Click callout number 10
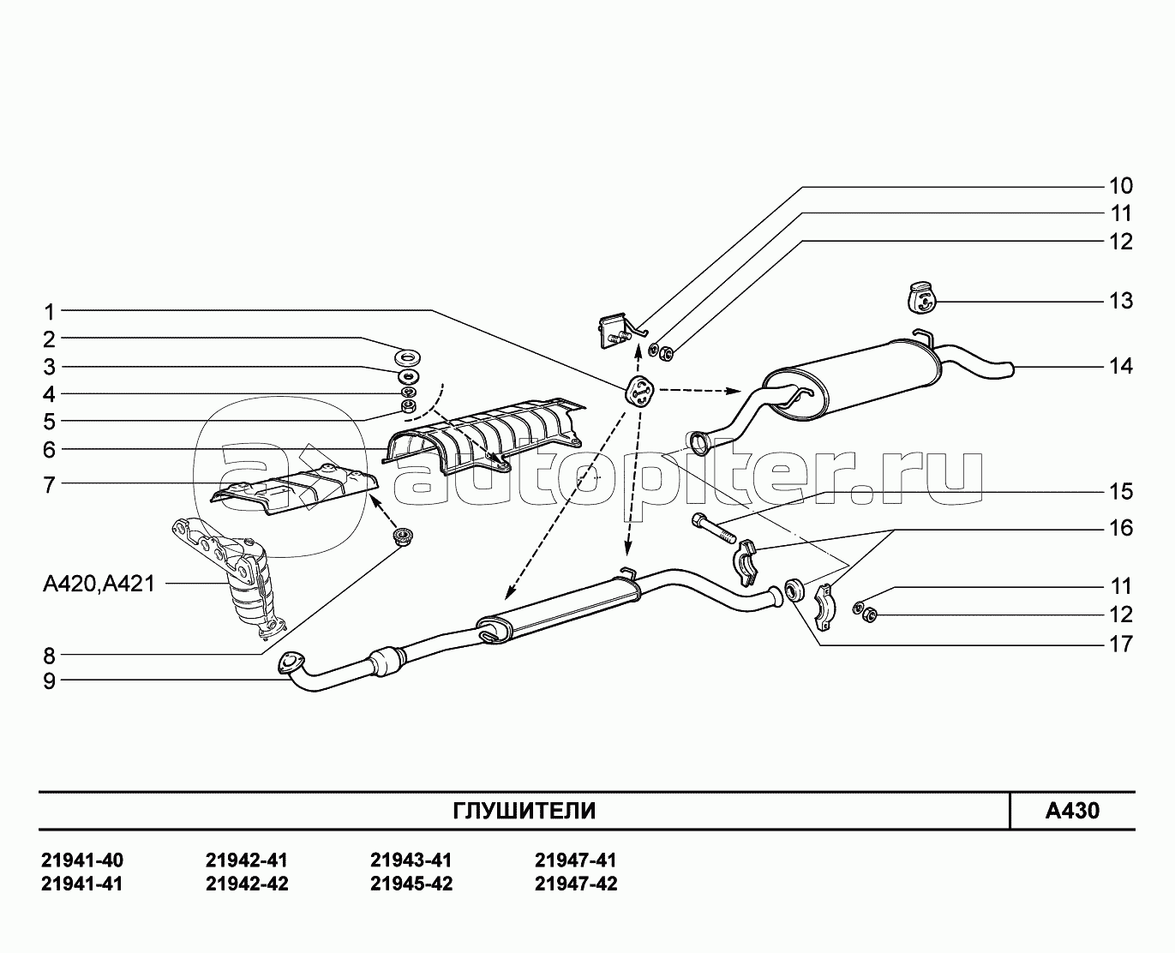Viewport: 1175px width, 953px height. [x=1121, y=186]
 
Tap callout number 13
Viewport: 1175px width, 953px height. [x=1121, y=301]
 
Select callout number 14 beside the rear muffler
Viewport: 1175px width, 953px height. [x=1121, y=366]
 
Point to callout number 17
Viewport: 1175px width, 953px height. [x=1121, y=644]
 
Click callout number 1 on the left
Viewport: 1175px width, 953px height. [x=50, y=312]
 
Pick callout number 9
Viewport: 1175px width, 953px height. [x=50, y=681]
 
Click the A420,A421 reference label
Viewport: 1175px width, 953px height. [x=99, y=584]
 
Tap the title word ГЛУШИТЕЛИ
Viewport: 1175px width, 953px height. [x=524, y=812]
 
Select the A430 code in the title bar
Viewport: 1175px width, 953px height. [x=1072, y=811]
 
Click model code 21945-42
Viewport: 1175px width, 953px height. [x=411, y=884]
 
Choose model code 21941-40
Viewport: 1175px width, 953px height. [x=82, y=860]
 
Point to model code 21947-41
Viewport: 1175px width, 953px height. [x=575, y=860]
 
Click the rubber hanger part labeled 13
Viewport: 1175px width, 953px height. [x=922, y=298]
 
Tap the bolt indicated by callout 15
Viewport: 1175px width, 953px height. [x=712, y=528]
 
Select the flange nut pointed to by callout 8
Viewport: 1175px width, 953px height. [x=403, y=536]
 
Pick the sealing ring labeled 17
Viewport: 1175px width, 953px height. [x=795, y=590]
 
